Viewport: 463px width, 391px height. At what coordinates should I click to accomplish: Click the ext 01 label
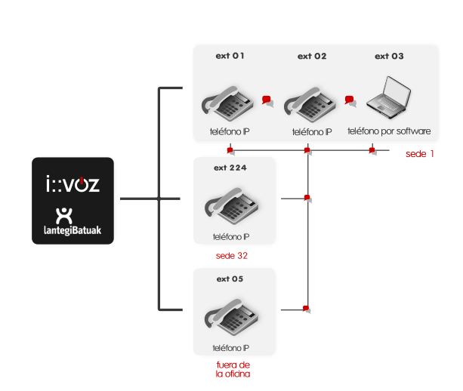[x=230, y=57]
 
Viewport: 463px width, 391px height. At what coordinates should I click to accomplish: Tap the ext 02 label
[x=312, y=57]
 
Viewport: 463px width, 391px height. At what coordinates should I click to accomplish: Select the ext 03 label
[x=390, y=57]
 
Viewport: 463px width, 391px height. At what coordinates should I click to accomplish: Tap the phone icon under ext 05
[x=231, y=316]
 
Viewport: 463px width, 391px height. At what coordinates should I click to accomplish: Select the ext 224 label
[x=230, y=168]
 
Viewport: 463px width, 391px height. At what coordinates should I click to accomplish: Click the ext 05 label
[x=230, y=279]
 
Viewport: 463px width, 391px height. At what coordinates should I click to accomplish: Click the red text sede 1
[x=420, y=154]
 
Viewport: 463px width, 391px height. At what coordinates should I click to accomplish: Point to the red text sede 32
[x=231, y=256]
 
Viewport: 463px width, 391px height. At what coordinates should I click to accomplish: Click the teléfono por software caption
[x=389, y=131]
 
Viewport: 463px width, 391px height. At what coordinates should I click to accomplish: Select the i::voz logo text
[x=73, y=184]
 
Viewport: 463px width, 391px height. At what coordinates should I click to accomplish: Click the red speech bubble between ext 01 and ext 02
[x=267, y=100]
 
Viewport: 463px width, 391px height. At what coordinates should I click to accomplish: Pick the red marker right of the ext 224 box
[x=307, y=199]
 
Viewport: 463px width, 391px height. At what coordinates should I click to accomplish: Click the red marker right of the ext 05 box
[x=307, y=309]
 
